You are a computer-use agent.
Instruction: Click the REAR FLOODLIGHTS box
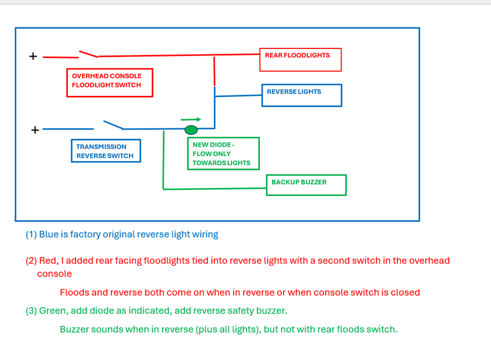pos(300,59)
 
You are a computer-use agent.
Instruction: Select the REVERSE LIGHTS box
pos(302,95)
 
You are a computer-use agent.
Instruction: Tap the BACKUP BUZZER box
pos(306,185)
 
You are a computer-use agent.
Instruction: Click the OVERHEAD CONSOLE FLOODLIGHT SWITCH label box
pos(109,83)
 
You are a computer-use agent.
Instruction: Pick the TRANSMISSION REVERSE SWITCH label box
pos(106,151)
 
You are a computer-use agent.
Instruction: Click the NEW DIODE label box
pos(223,153)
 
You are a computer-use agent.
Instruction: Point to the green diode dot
pos(191,129)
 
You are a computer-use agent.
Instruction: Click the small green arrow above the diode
pos(191,119)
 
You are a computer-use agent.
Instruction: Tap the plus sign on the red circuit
pos(33,56)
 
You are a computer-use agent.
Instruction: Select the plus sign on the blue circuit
pos(35,129)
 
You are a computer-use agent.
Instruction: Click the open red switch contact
pos(88,54)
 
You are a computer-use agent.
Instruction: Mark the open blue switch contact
pos(113,125)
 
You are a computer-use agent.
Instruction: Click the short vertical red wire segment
pos(214,71)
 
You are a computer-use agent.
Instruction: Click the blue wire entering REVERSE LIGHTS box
pos(238,96)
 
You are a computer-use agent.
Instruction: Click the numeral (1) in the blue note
pos(31,234)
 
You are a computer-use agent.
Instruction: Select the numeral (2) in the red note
pos(31,261)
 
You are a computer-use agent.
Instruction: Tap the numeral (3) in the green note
pos(31,311)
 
